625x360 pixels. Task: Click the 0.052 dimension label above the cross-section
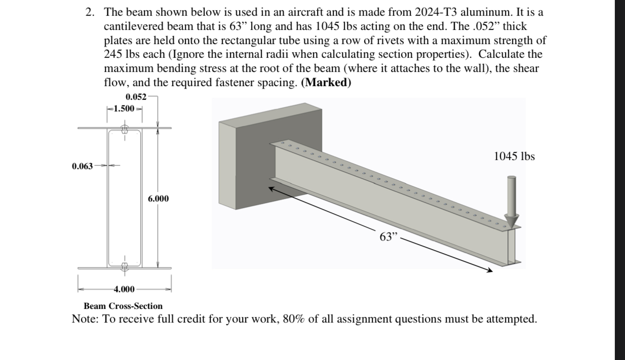click(x=136, y=97)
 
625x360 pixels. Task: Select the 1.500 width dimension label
click(x=124, y=108)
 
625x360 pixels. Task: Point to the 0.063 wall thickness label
click(x=83, y=166)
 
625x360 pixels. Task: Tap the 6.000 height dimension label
click(x=159, y=198)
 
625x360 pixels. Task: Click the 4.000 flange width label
click(x=124, y=289)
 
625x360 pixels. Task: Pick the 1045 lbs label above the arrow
click(x=514, y=156)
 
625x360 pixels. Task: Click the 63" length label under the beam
click(x=389, y=236)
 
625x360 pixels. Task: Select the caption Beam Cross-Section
click(x=123, y=306)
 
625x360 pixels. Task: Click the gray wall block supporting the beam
click(x=243, y=162)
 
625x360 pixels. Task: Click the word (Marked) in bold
click(x=326, y=83)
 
